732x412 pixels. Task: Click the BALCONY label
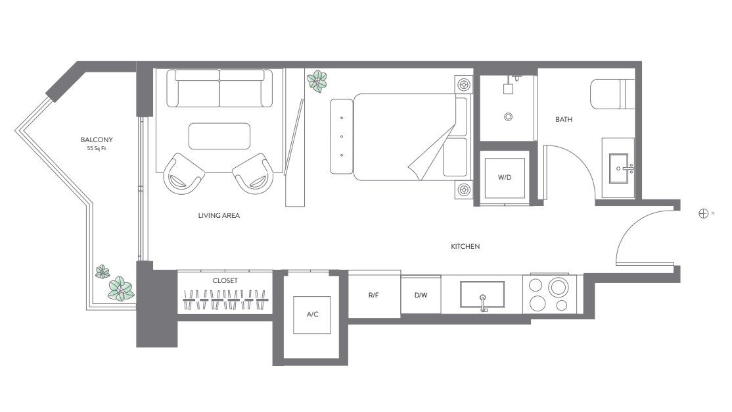(97, 140)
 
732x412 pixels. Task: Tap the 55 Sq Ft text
(97, 148)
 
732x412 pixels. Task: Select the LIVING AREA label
(219, 215)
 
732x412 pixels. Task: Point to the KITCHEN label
(465, 247)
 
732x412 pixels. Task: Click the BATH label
(564, 120)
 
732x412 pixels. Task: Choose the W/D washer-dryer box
(505, 178)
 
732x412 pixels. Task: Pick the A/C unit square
(313, 314)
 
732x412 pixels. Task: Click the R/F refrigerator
(374, 295)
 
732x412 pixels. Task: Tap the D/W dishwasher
(421, 295)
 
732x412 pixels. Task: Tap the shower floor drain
(508, 117)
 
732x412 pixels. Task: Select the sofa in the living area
(219, 88)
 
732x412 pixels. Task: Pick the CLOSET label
(225, 280)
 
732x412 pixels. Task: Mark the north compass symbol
(703, 213)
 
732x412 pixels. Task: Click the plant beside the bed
(318, 81)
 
